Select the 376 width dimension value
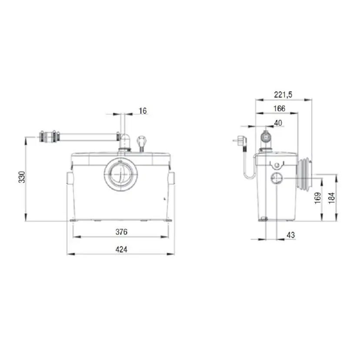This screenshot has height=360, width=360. (x=121, y=232)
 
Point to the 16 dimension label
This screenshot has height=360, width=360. (x=143, y=111)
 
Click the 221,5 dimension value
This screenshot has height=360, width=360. (x=283, y=94)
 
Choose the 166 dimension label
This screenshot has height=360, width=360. (x=278, y=108)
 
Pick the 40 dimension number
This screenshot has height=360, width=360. (x=278, y=123)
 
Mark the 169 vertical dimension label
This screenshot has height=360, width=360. (x=318, y=198)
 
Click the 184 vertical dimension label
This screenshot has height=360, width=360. (x=333, y=198)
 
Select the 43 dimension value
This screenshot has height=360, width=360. (x=291, y=235)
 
